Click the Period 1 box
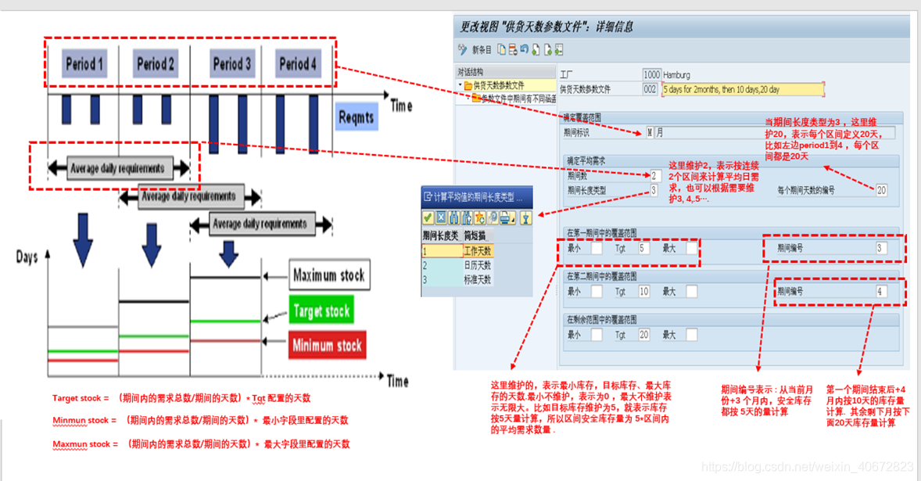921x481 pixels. click(x=85, y=64)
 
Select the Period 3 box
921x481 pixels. click(x=232, y=64)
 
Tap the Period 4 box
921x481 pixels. click(x=298, y=64)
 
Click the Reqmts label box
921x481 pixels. click(x=356, y=118)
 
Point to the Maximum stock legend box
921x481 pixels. click(x=328, y=275)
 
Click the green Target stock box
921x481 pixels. click(x=321, y=310)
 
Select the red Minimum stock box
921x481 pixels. click(x=326, y=345)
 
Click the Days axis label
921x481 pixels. click(x=27, y=257)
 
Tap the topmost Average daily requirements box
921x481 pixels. click(x=117, y=168)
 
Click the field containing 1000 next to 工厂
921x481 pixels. click(x=651, y=75)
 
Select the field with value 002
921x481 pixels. click(x=650, y=89)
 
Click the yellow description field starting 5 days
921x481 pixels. click(x=743, y=89)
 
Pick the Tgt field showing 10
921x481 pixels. click(x=644, y=291)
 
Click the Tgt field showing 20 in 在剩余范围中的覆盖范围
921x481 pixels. click(x=644, y=334)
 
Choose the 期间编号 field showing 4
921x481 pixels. click(x=881, y=291)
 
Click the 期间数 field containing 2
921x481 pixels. click(x=654, y=176)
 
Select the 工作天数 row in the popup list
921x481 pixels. click(x=476, y=252)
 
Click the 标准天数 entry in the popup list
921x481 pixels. click(x=476, y=279)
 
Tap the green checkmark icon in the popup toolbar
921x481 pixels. click(x=428, y=217)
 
